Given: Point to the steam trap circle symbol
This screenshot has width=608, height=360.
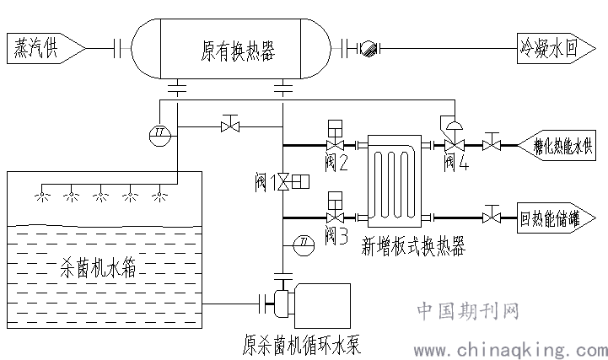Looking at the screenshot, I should tap(368, 49).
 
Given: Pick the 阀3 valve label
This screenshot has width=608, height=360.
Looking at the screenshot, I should tap(336, 234).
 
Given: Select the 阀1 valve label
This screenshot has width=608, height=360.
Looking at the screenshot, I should tap(267, 180).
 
